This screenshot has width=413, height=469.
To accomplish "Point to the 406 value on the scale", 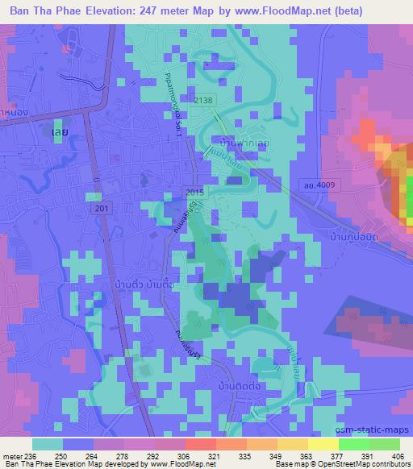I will point(396,457).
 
